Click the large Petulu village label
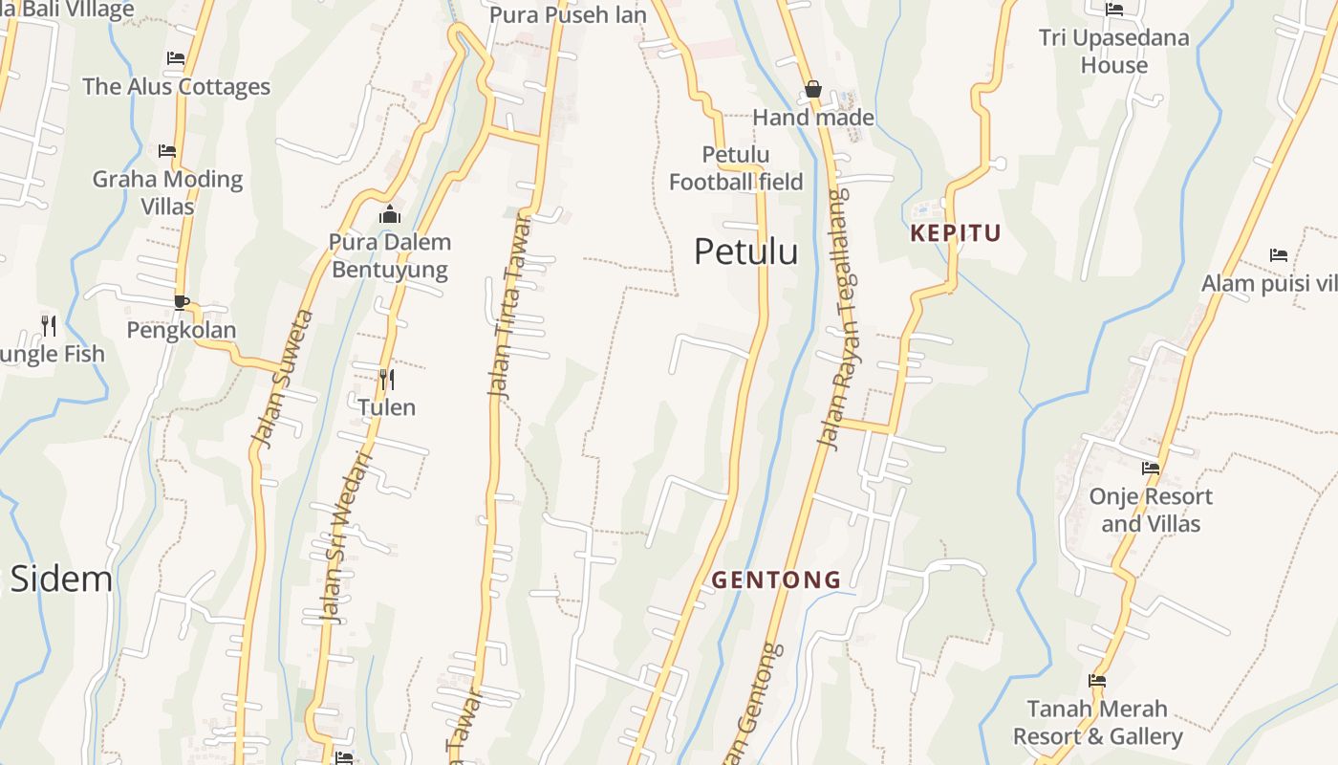(x=745, y=251)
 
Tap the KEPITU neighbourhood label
(x=955, y=233)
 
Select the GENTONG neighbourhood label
(x=776, y=579)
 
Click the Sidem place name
(x=61, y=579)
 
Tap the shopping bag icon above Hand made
(x=813, y=89)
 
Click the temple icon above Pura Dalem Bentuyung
(x=389, y=214)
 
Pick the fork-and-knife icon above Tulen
(x=386, y=380)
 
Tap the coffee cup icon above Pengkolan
(x=181, y=302)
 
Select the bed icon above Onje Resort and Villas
(x=1151, y=469)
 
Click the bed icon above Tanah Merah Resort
(x=1097, y=681)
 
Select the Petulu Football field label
(x=736, y=168)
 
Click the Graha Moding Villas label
(x=167, y=192)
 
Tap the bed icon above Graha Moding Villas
(x=167, y=151)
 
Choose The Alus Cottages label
(x=176, y=86)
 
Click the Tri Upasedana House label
(x=1113, y=52)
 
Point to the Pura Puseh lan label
(x=568, y=14)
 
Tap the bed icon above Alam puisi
(x=1279, y=254)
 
